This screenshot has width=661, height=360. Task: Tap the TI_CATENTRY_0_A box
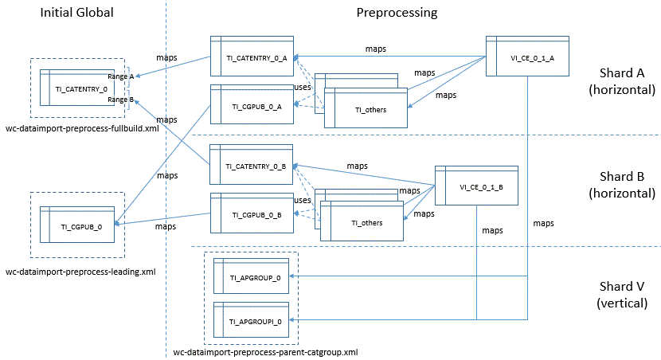(x=251, y=57)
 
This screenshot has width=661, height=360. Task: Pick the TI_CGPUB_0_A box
(x=251, y=104)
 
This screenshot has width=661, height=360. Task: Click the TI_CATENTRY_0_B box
(x=251, y=166)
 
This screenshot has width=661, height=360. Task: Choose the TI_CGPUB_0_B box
(x=251, y=213)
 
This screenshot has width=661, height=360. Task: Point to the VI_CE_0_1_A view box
(x=526, y=57)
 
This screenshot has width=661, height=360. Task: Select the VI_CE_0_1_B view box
(x=476, y=185)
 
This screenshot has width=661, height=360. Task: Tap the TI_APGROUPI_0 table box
(x=252, y=319)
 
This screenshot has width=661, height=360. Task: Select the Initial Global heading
(x=76, y=13)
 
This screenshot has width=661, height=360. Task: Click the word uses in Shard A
(x=303, y=87)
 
